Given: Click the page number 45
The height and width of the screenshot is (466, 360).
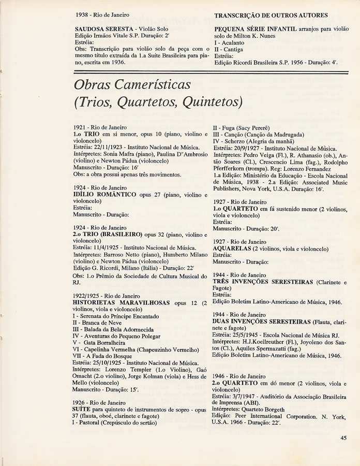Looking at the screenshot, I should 343,438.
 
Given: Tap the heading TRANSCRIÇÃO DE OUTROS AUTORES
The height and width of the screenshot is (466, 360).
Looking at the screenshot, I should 271,15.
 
